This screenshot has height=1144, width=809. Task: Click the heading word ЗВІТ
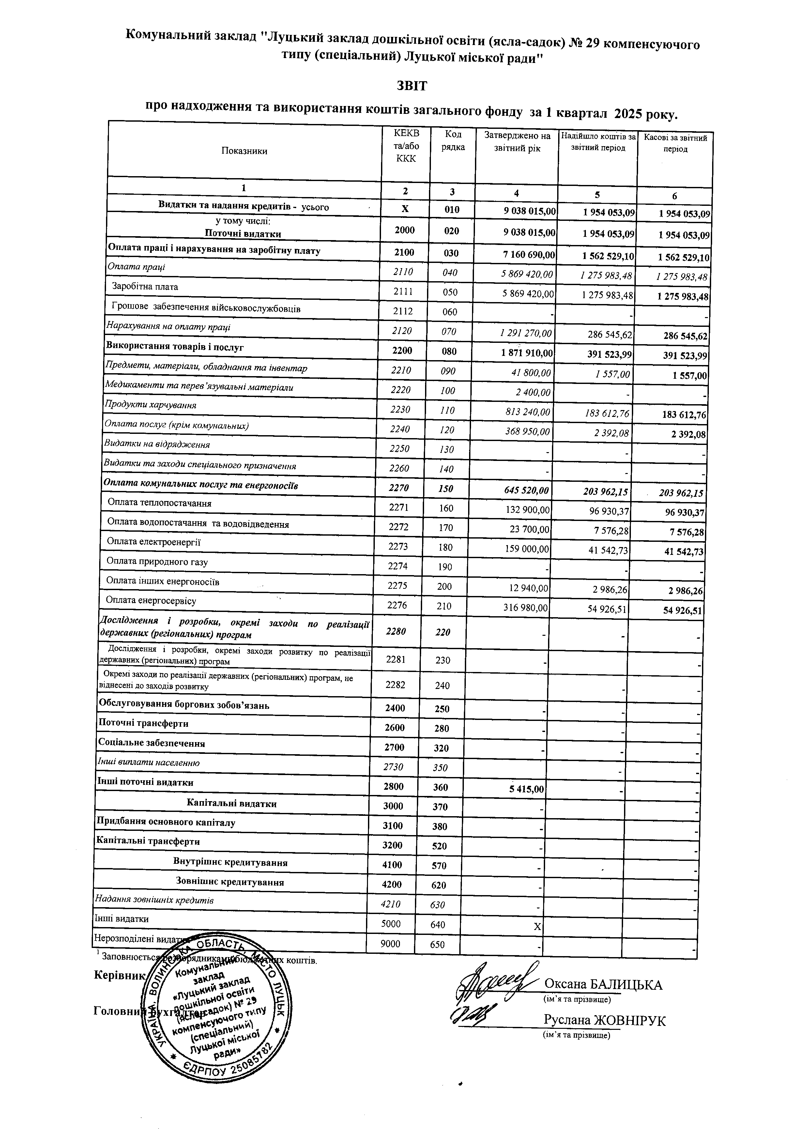pyautogui.click(x=411, y=86)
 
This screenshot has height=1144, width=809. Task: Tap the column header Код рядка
pyautogui.click(x=453, y=141)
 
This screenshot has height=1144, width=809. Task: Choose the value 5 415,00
pyautogui.click(x=526, y=789)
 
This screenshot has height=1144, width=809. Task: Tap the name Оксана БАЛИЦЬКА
pyautogui.click(x=603, y=984)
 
